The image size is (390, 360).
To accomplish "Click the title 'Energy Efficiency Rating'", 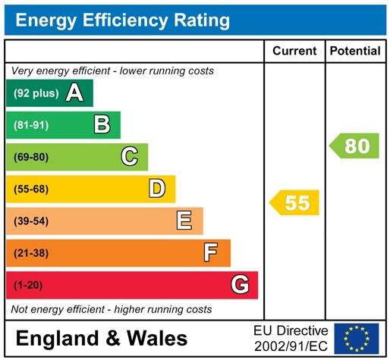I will (x=123, y=20).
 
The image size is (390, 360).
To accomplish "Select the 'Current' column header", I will (x=294, y=51).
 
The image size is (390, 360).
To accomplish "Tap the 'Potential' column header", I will (x=355, y=51).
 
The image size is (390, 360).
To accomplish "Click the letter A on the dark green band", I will (x=74, y=93).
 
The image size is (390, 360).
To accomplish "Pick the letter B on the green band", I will (x=102, y=125).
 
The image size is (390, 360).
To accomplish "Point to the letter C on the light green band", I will (x=130, y=157).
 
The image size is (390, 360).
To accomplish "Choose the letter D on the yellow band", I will (x=157, y=189).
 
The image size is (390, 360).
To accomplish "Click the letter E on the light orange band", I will (x=184, y=221).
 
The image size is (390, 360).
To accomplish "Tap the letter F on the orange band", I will (x=211, y=252).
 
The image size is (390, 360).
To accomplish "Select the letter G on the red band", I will (x=240, y=285).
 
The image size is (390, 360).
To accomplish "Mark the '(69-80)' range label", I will (x=31, y=158).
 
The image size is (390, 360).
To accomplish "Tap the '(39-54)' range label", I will (x=31, y=221).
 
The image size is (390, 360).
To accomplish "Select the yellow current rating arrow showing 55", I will (x=295, y=203).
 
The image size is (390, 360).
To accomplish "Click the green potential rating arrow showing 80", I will (x=354, y=146).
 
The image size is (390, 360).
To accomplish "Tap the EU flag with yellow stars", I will (x=356, y=338).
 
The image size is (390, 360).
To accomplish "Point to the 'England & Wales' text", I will (x=101, y=338).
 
